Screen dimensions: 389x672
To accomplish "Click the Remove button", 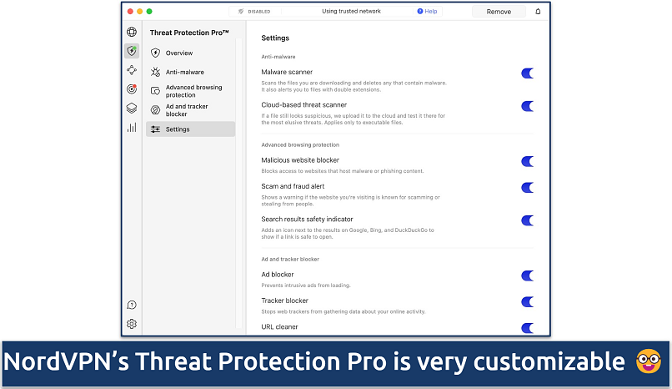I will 499,12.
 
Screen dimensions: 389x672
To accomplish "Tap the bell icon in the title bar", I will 538,12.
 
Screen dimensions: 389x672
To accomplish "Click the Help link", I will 427,12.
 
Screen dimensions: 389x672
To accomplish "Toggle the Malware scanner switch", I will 527,73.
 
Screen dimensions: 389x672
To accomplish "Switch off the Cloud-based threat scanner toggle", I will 527,106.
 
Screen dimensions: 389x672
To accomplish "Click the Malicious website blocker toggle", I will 527,161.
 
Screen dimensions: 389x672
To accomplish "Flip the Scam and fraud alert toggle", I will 527,188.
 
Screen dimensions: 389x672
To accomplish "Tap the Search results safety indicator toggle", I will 527,220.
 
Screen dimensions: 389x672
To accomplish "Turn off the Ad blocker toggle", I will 527,275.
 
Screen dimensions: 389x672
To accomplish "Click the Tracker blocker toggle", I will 527,302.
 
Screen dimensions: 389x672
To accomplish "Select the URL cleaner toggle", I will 527,328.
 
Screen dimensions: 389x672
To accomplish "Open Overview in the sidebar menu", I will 178,53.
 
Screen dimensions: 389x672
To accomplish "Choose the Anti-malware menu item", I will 183,72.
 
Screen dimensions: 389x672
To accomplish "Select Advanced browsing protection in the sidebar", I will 193,91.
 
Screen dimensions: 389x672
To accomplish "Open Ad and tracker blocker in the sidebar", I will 187,110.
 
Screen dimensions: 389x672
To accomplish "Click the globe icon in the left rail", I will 132,33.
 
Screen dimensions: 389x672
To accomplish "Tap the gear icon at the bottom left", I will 132,324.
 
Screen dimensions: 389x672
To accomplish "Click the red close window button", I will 129,12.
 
